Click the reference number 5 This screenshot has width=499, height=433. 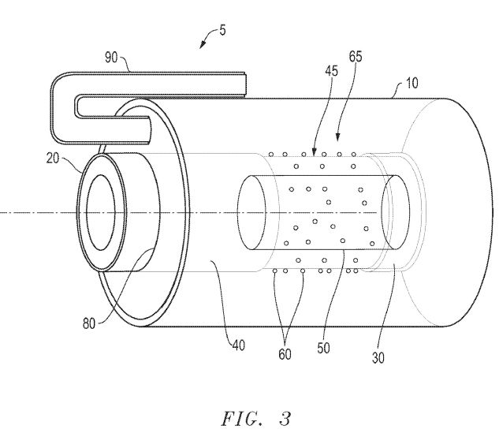pos(222,31)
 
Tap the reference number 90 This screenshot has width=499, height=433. pos(111,58)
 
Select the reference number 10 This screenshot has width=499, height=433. pos(411,83)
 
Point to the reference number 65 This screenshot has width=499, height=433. pos(356,56)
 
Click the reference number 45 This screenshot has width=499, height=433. pos(331,71)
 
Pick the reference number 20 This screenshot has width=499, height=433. pos(53,158)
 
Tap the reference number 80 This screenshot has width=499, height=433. pos(89,324)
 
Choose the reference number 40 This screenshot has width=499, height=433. pos(239,345)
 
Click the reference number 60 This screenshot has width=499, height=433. pos(285,354)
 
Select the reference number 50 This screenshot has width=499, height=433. pos(323,348)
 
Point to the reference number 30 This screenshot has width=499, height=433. pos(378,358)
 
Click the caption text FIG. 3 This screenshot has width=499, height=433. pos(256,419)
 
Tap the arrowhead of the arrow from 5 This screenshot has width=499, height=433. pos(202,47)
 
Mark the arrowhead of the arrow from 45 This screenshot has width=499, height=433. pos(314,153)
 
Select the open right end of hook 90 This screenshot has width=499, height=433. pos(245,84)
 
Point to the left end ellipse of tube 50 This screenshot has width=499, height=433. pos(251,212)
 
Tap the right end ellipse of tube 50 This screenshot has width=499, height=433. pos(396,212)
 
